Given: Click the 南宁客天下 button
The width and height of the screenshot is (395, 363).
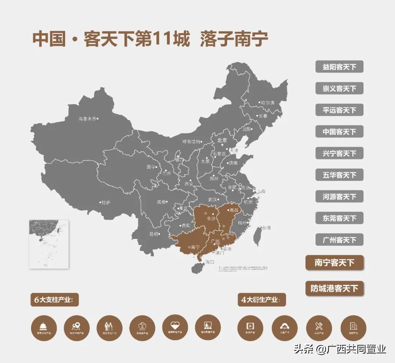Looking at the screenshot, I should click(x=334, y=263).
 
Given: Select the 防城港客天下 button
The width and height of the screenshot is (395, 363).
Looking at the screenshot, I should click(x=334, y=288).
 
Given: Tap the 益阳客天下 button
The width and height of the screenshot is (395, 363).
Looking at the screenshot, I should click(x=339, y=67).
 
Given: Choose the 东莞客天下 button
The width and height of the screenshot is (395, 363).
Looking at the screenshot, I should click(x=339, y=218).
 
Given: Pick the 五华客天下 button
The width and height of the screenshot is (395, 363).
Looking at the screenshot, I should click(x=339, y=175).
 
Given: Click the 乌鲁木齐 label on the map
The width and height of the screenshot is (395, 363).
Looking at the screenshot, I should click(x=87, y=119).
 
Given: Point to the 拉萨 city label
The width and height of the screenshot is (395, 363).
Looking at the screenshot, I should click(x=106, y=202).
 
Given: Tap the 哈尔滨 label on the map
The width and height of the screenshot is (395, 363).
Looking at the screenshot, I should click(x=267, y=103).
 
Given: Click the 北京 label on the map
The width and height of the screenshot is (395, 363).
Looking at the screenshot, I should click(x=222, y=140).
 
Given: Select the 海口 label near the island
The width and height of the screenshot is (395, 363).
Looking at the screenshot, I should click(x=210, y=262).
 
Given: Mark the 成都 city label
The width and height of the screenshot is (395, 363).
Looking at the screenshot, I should click(x=161, y=202).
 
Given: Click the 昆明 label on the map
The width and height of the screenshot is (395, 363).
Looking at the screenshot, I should click(x=154, y=234).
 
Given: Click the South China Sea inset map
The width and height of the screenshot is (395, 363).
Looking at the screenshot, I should click(x=49, y=244).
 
